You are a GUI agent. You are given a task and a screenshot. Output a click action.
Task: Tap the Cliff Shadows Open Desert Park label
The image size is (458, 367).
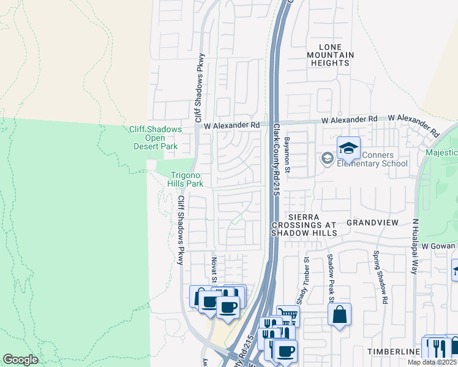155,138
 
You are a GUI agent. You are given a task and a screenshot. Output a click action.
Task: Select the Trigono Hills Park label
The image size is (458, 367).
186,179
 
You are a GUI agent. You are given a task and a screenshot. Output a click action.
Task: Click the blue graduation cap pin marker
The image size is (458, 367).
348,149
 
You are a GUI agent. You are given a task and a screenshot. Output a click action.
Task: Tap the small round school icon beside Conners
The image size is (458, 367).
327,159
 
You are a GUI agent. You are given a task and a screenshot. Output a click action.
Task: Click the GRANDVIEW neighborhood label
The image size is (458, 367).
372,222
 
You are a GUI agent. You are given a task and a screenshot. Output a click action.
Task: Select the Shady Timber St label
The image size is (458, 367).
306,276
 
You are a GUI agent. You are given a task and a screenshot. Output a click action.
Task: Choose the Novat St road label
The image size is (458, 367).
214,269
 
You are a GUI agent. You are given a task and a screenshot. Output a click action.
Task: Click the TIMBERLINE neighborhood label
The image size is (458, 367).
393,352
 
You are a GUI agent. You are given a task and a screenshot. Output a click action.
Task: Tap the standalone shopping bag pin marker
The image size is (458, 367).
339,315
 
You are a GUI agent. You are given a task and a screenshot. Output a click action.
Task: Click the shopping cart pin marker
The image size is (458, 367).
288,316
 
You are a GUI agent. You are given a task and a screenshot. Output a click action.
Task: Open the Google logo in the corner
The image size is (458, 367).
20,360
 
